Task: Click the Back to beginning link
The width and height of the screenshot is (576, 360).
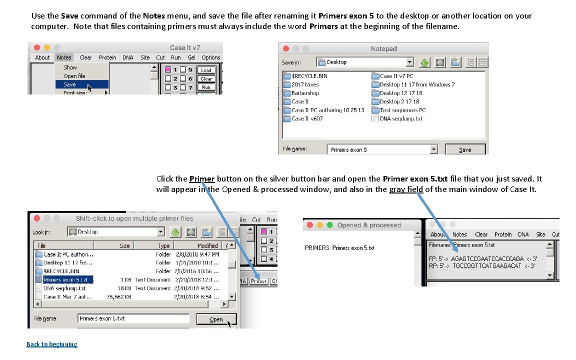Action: pyautogui.click(x=51, y=344)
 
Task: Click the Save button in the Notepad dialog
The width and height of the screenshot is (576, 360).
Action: pyautogui.click(x=464, y=149)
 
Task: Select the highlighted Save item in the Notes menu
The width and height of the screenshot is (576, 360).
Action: pyautogui.click(x=70, y=84)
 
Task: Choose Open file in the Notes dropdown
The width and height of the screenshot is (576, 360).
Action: pyautogui.click(x=74, y=76)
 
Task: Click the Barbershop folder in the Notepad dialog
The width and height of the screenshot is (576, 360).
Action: pyautogui.click(x=305, y=93)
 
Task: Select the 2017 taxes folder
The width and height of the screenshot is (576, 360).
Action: pyautogui.click(x=304, y=84)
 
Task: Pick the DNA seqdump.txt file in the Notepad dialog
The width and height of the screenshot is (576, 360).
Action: pyautogui.click(x=400, y=118)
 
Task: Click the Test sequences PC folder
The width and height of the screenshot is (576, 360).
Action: pyautogui.click(x=402, y=110)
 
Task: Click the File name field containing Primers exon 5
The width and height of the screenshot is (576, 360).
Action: pyautogui.click(x=380, y=149)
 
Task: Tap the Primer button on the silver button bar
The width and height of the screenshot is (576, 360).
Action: pyautogui.click(x=259, y=281)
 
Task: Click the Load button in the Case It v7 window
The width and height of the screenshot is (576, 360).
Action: pyautogui.click(x=206, y=70)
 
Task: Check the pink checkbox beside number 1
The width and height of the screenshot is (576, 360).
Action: pyautogui.click(x=168, y=69)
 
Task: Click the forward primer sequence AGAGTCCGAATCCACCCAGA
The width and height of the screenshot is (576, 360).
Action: pyautogui.click(x=487, y=259)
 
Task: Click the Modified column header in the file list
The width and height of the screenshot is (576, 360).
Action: pyautogui.click(x=207, y=245)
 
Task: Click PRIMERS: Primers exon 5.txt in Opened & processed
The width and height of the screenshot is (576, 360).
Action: pyautogui.click(x=339, y=248)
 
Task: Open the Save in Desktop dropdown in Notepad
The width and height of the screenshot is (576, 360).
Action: pyautogui.click(x=409, y=62)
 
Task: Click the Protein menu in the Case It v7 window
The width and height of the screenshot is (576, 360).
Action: pyautogui.click(x=107, y=57)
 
